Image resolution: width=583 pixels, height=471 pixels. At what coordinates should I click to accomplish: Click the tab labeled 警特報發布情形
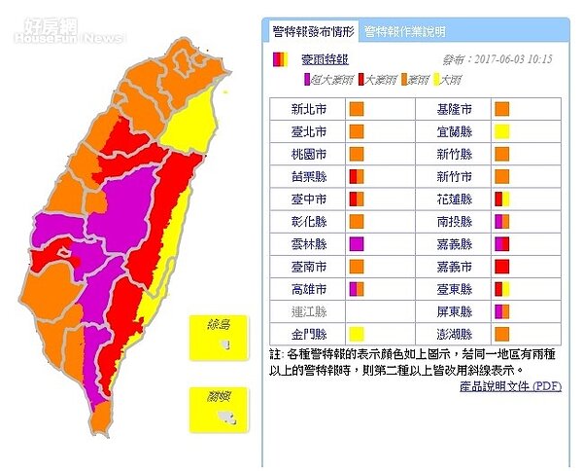coord(314,31)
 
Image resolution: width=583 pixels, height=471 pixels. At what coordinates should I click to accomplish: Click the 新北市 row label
coord(309,109)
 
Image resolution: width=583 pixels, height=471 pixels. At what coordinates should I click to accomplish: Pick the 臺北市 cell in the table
coord(309,131)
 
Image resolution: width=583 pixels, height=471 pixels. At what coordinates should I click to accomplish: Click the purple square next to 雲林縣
coord(356,243)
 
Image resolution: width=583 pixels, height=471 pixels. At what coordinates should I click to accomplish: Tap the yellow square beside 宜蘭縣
coord(501,131)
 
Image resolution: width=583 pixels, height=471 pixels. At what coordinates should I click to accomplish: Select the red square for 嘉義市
coord(501,266)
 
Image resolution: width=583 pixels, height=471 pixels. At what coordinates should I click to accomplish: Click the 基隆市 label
coord(454,109)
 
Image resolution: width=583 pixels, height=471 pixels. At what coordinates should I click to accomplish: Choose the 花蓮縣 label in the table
coord(454,199)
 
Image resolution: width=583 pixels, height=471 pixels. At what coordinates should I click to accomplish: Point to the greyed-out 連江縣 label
coord(309,310)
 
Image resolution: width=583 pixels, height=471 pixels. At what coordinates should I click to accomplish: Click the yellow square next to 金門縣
coord(356,334)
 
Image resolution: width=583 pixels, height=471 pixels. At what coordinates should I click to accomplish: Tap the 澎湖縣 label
coord(454,334)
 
